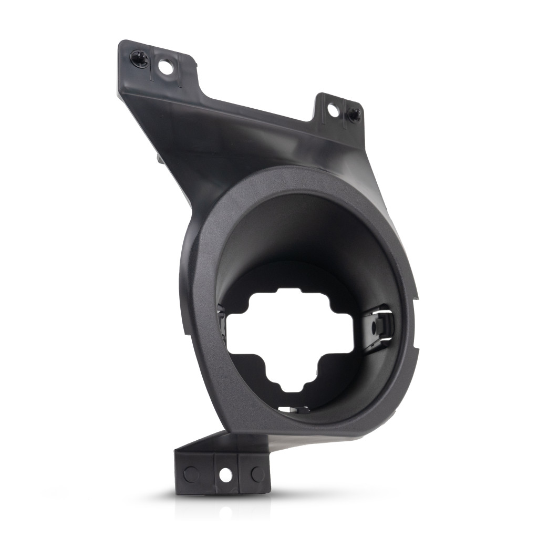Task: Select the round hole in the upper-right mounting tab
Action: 333,110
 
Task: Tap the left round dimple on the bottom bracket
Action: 191,473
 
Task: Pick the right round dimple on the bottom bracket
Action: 257,474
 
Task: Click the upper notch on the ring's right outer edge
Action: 417,297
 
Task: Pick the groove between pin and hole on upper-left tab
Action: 152,63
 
